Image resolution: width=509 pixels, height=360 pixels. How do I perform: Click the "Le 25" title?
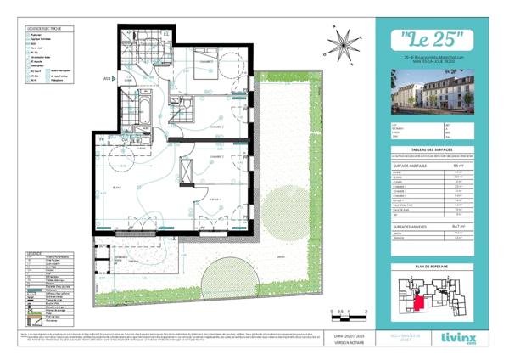coord(431,39)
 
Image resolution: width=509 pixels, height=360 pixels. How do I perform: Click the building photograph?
coord(431,90)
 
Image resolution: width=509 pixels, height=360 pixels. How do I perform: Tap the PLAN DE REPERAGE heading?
coord(431,266)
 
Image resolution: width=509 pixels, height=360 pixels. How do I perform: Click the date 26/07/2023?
coord(343,336)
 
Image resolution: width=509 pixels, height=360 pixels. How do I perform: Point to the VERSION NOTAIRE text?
coord(343,343)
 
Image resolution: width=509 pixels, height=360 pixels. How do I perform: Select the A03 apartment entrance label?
coord(108,78)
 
